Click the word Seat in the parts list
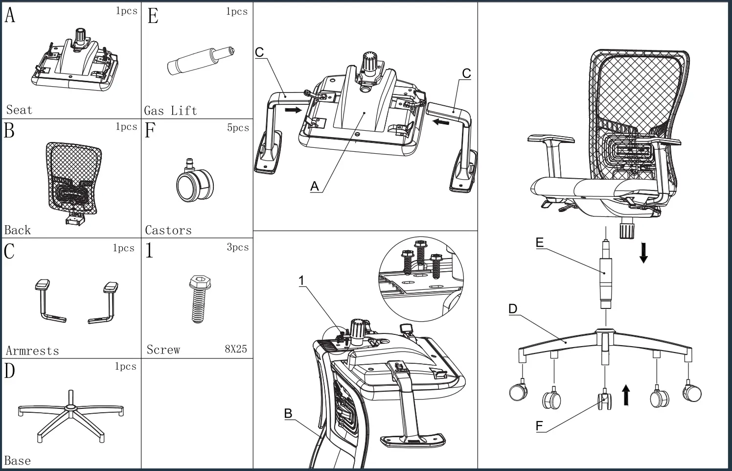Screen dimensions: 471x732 point(19,110)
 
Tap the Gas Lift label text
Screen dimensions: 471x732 point(170,111)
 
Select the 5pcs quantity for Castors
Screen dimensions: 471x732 point(238,128)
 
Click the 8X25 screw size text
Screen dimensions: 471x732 point(236,349)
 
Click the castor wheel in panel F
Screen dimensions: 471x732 point(194,184)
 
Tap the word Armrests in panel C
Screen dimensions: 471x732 point(32,351)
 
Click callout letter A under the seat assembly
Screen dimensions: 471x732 point(315,187)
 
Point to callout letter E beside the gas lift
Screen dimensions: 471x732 point(540,243)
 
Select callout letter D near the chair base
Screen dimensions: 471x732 point(513,309)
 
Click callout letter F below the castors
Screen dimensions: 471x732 point(539,426)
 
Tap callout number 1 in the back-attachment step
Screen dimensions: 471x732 point(302,281)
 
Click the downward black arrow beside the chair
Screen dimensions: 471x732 point(643,252)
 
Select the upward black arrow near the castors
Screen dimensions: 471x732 point(625,395)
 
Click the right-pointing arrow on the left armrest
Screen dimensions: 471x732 point(293,110)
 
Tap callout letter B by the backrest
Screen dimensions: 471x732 point(288,414)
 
